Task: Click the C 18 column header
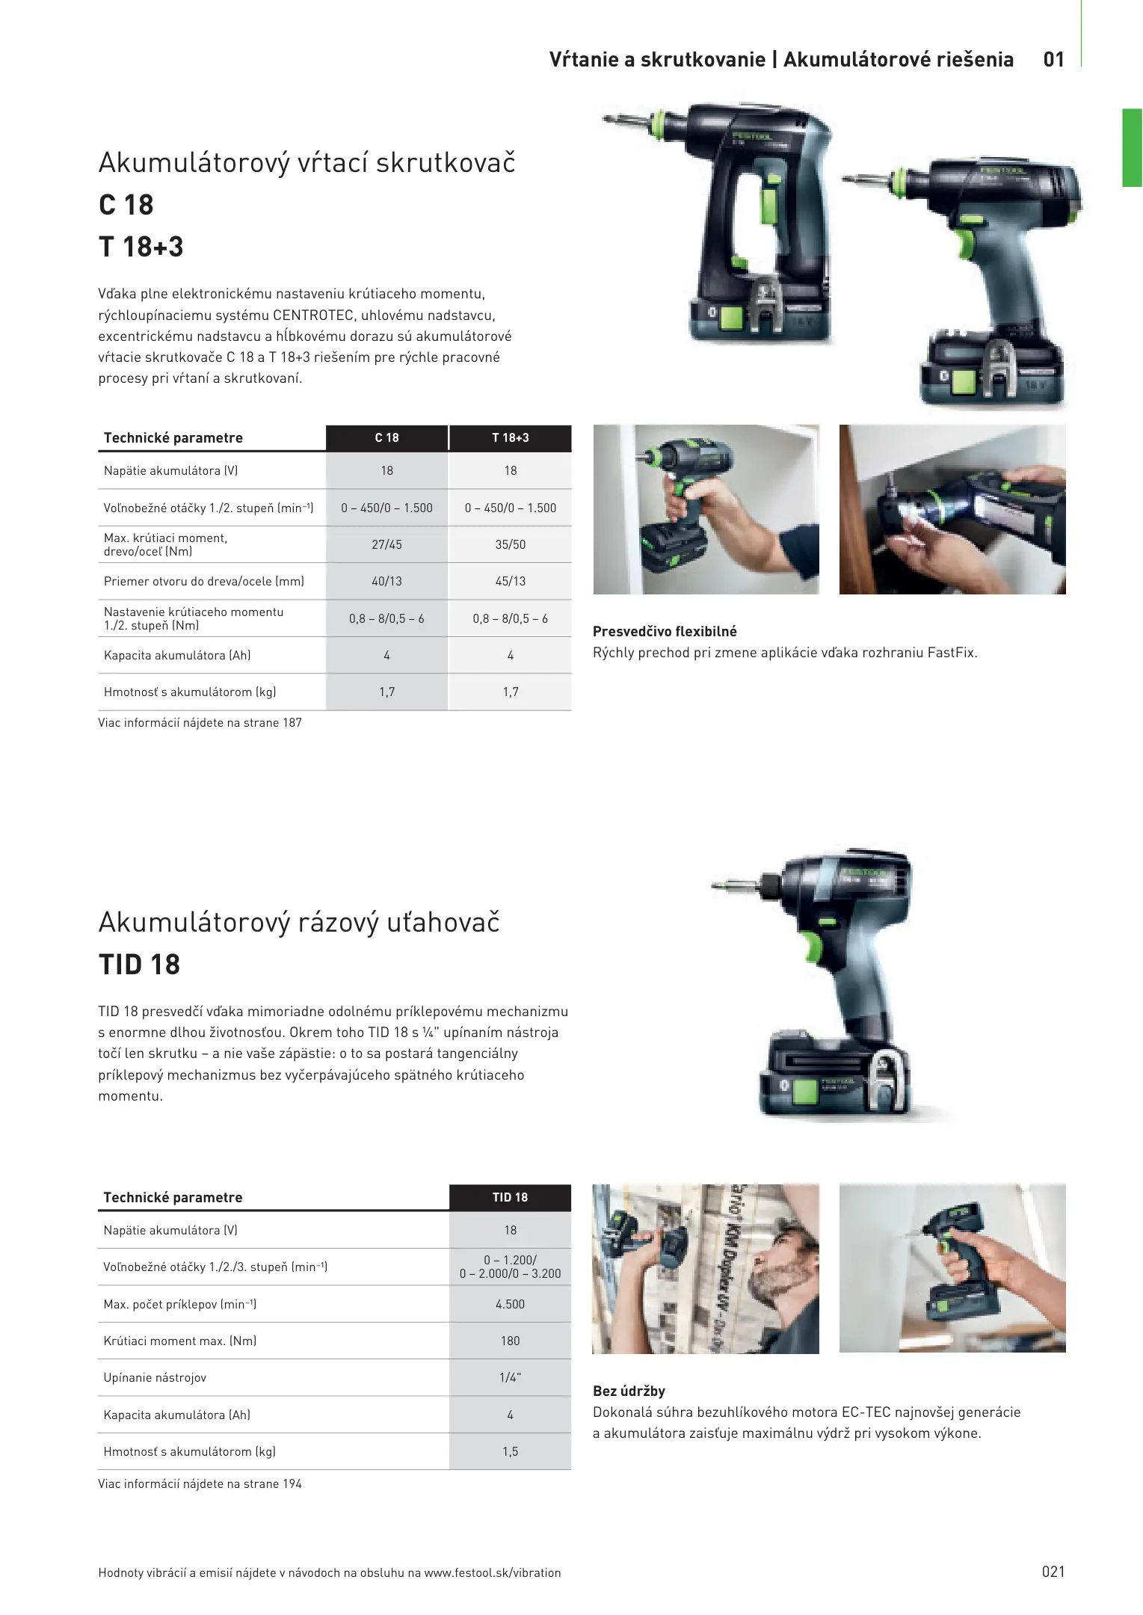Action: point(386,438)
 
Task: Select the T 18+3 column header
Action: point(511,438)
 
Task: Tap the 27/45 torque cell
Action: point(386,545)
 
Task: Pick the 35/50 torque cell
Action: point(511,545)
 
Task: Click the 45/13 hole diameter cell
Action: point(511,582)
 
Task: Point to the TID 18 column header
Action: point(511,1198)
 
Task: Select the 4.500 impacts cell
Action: point(511,1305)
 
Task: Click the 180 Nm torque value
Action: point(511,1341)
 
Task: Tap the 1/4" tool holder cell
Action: point(511,1378)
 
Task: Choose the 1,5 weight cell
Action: point(511,1452)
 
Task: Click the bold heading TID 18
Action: point(139,965)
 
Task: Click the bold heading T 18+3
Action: point(141,247)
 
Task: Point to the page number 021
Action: point(1053,1572)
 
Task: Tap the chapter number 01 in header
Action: point(1054,60)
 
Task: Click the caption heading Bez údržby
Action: point(629,1391)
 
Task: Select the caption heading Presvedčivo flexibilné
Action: point(665,632)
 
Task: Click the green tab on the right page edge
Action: point(1132,147)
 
